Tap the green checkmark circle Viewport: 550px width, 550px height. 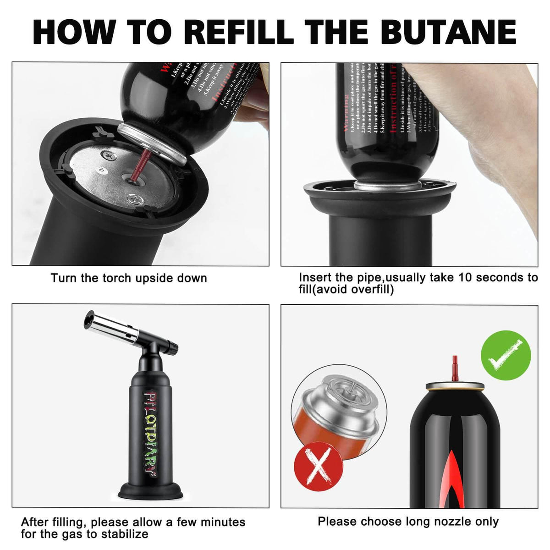(506, 355)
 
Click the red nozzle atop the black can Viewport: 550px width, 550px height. (455, 368)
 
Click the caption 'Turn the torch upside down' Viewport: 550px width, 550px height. (129, 278)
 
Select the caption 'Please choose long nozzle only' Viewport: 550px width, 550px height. (408, 522)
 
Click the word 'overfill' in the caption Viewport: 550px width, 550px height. (371, 290)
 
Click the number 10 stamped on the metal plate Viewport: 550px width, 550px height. (101, 170)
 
